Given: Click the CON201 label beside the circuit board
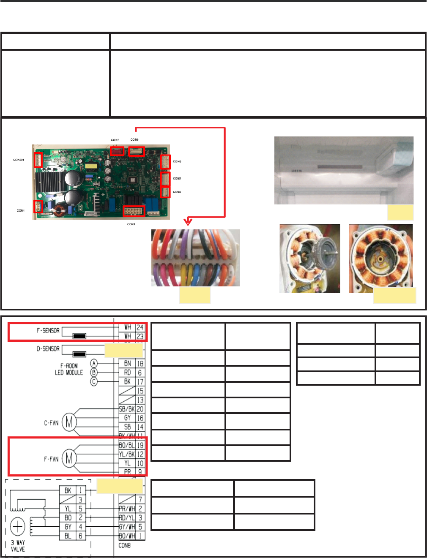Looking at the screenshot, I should tap(19, 160).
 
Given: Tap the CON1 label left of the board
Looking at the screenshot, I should tap(21, 210).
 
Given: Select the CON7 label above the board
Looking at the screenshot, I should tap(115, 140).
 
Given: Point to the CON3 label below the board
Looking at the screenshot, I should tap(131, 224).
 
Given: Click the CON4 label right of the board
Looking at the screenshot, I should tap(177, 192).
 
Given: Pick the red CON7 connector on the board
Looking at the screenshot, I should tap(117, 151).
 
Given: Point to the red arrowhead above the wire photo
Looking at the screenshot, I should tap(188, 222).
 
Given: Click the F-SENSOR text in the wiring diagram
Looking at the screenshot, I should tap(48, 331).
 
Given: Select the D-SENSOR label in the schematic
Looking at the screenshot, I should tap(48, 349).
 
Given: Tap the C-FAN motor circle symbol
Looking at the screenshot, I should tap(69, 422).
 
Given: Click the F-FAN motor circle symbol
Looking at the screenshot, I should tap(69, 458).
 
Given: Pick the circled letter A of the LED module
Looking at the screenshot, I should tap(94, 363).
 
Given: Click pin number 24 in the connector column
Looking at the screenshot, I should tap(140, 327).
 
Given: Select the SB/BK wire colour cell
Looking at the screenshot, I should tap(127, 409).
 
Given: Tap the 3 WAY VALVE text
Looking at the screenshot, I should tap(18, 546).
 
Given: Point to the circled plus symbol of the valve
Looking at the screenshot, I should tap(18, 527).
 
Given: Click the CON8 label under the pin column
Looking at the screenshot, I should tap(125, 545).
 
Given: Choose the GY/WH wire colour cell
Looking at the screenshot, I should tap(127, 527).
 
